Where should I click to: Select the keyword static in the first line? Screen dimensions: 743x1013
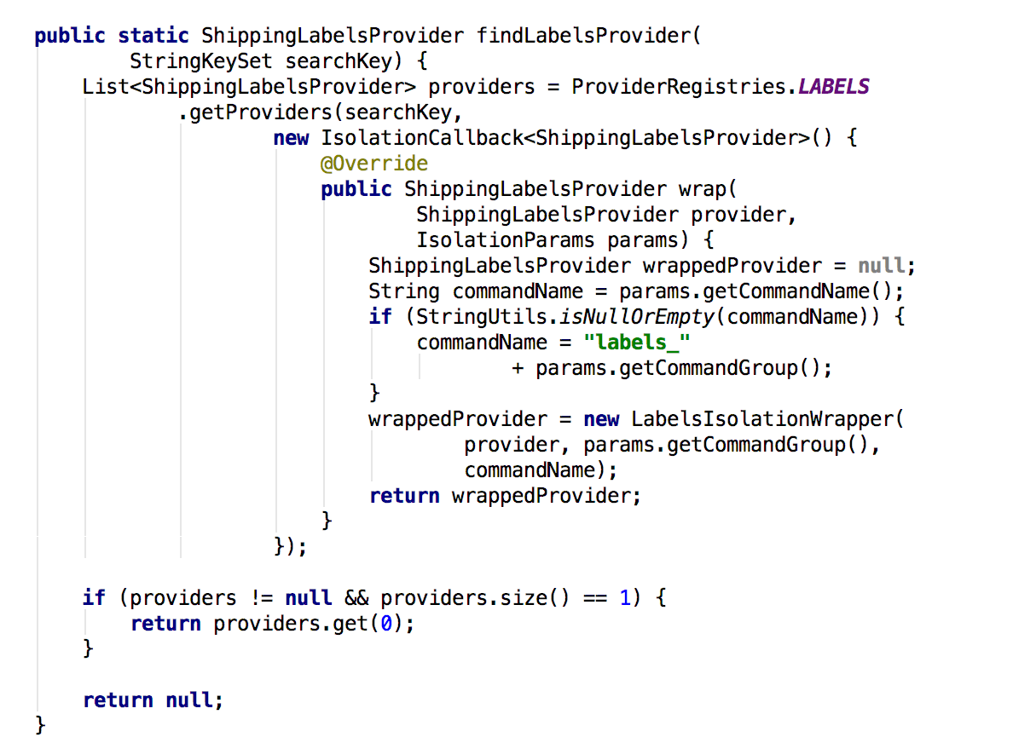coord(153,36)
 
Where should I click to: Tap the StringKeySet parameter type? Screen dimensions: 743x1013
coord(201,61)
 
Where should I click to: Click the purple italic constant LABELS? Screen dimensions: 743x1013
coord(834,87)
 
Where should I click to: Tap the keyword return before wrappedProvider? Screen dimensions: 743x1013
coord(404,496)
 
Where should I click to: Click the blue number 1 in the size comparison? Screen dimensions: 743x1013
coord(625,598)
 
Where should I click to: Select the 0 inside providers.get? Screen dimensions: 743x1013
coord(386,624)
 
